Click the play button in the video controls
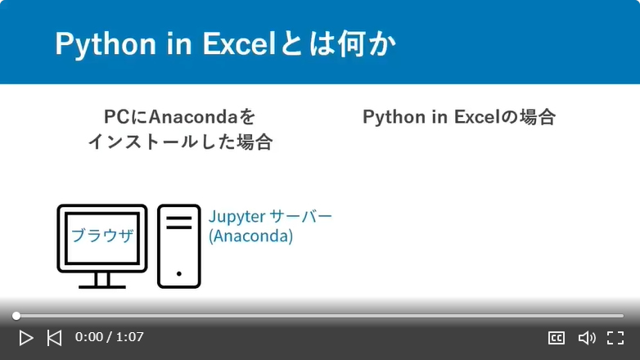click(25, 338)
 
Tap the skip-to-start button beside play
click(54, 338)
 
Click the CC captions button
click(557, 338)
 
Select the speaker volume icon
click(587, 338)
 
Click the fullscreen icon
click(615, 338)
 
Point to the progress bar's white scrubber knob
click(16, 316)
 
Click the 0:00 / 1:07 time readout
click(110, 337)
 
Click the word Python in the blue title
click(106, 44)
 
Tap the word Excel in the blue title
click(239, 43)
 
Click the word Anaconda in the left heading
click(193, 117)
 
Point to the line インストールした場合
click(180, 142)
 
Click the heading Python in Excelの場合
click(459, 117)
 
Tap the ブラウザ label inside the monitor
click(102, 236)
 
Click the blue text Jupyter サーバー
click(270, 216)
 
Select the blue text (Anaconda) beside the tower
click(250, 236)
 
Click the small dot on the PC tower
click(178, 274)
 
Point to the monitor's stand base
click(102, 287)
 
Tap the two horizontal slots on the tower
click(178, 223)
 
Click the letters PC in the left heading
click(117, 117)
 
